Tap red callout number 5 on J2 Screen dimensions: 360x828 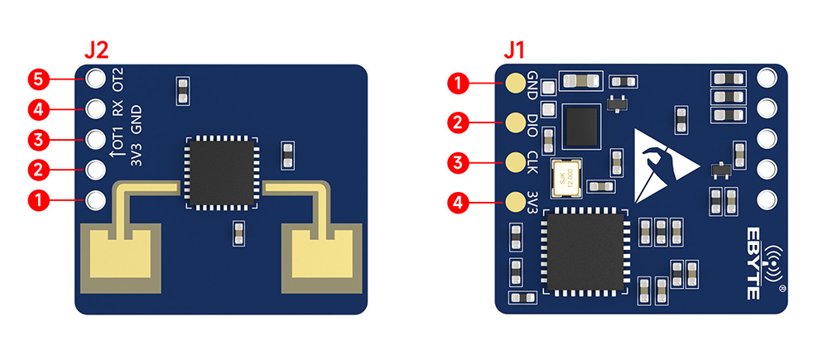[37, 79]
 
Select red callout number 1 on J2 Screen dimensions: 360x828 [37, 199]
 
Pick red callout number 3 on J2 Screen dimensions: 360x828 [37, 139]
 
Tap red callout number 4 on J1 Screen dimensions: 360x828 [457, 201]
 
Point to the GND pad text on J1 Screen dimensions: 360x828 [533, 83]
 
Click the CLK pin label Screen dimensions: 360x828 [533, 161]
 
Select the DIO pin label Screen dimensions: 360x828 [533, 124]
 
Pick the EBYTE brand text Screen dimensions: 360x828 [754, 262]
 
